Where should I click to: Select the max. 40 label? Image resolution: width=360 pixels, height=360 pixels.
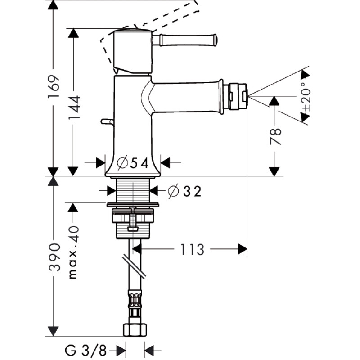[73, 252]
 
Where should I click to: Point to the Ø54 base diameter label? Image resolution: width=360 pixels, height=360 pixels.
[132, 163]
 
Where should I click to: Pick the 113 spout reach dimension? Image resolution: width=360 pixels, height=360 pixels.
[193, 249]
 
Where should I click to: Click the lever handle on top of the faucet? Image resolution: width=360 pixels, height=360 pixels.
[184, 40]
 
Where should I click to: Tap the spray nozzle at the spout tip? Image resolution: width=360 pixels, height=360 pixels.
[237, 95]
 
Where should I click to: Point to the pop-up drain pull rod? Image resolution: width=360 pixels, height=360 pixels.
[107, 121]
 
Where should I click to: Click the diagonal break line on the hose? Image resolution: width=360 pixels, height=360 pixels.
[134, 266]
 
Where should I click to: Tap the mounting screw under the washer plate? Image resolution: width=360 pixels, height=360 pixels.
[132, 220]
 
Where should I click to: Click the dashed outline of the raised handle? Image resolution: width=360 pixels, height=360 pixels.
[157, 18]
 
